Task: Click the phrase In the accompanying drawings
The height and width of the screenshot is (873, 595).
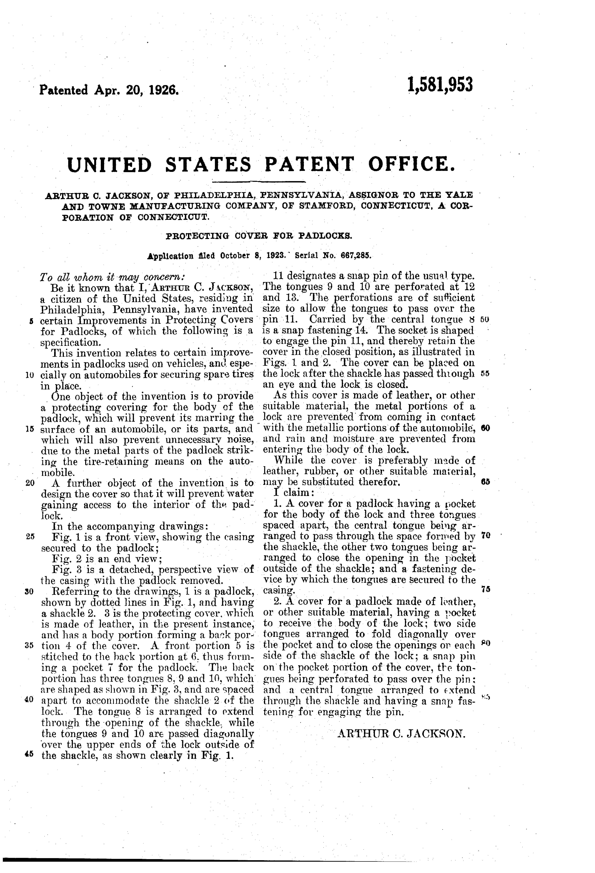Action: pyautogui.click(x=131, y=526)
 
